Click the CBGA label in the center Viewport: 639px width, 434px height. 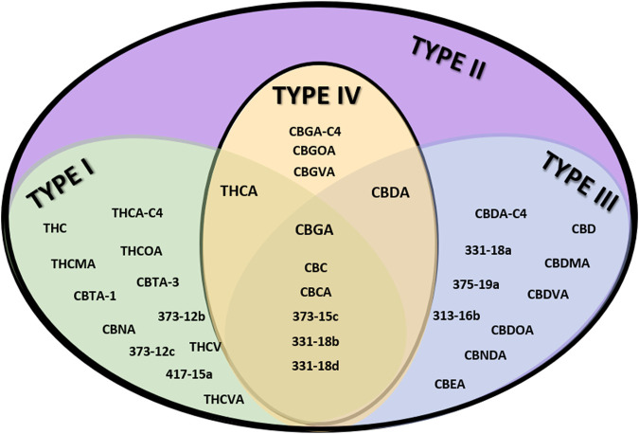[x=316, y=228]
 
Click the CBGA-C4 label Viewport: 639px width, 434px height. [x=316, y=130]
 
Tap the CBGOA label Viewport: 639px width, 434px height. [x=316, y=150]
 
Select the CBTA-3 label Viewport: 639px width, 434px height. [x=157, y=281]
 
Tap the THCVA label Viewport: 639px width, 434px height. [x=223, y=399]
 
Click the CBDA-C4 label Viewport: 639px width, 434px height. [x=499, y=214]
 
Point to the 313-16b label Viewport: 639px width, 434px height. [x=456, y=315]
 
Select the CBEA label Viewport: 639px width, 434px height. [x=450, y=384]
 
